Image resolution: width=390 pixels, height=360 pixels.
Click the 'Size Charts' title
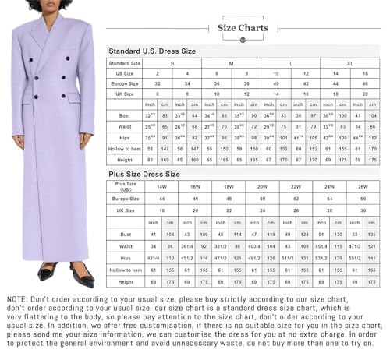[243, 28]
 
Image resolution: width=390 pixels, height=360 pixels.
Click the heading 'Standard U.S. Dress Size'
[152, 51]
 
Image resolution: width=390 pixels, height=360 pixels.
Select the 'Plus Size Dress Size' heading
[144, 175]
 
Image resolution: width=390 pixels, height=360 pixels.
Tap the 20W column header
[262, 187]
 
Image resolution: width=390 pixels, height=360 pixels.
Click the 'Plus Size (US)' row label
[126, 187]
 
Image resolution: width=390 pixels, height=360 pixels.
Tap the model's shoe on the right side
[80, 276]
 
